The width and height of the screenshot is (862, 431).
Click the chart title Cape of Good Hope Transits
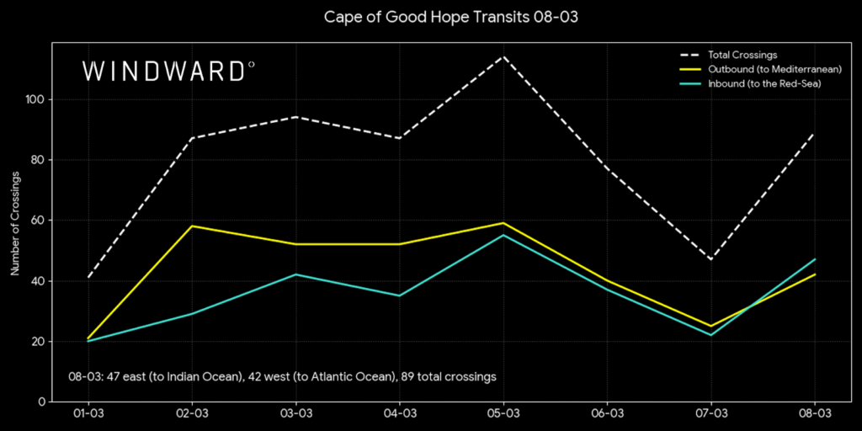pos(429,18)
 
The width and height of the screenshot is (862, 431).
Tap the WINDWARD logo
pos(168,71)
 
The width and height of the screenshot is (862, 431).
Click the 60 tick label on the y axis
pos(38,221)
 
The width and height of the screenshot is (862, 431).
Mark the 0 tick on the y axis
pos(41,402)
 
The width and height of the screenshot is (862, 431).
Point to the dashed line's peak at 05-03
pos(503,56)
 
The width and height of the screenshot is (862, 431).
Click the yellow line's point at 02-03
pos(192,226)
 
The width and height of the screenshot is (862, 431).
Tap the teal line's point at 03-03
pos(295,274)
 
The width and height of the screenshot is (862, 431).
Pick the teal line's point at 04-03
pos(400,295)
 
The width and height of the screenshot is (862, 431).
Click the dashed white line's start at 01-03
pos(88,277)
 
